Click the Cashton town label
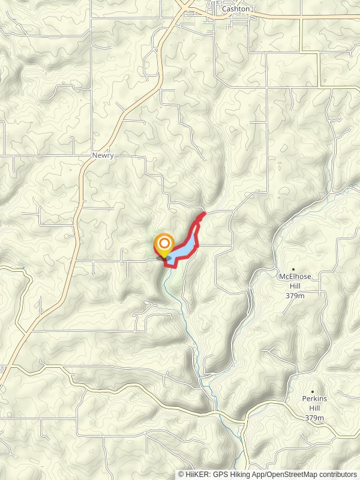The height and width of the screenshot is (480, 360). pyautogui.click(x=236, y=9)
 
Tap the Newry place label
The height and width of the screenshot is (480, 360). pyautogui.click(x=103, y=155)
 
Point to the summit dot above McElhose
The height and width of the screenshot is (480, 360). pyautogui.click(x=293, y=269)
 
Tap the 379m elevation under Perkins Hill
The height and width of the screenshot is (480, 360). pyautogui.click(x=314, y=418)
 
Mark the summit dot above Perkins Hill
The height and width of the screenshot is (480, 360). pyautogui.click(x=312, y=391)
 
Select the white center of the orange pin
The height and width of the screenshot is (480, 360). pyautogui.click(x=164, y=244)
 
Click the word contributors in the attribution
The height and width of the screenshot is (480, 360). pyautogui.click(x=340, y=474)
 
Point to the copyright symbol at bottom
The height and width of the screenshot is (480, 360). pyautogui.click(x=181, y=474)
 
